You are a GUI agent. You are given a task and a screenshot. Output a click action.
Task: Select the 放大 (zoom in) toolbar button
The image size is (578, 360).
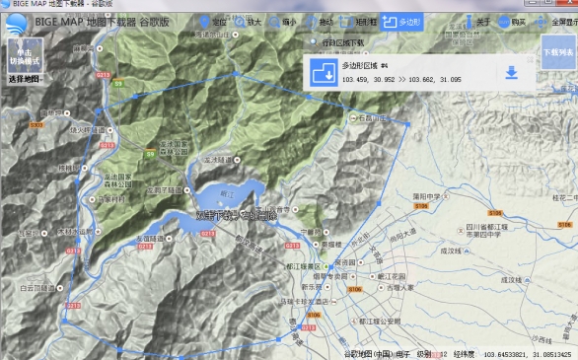pos(248,20)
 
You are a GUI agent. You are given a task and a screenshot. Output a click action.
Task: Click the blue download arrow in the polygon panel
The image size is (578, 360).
pos(511,72)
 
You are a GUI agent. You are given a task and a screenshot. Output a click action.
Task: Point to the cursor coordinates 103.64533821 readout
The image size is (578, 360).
pos(502,353)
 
